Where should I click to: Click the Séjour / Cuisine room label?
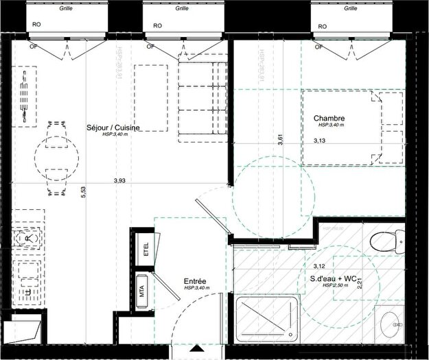(113, 128)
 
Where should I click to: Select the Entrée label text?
(195, 281)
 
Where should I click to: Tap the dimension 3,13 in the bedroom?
(320, 141)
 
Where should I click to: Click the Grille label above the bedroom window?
(350, 9)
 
